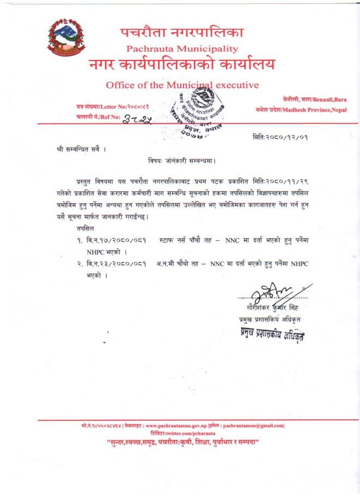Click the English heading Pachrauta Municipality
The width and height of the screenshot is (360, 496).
click(x=182, y=49)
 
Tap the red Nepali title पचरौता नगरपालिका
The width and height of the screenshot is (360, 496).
click(x=182, y=32)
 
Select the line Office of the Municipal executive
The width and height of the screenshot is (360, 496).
click(x=182, y=85)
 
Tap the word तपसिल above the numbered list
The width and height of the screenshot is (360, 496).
click(x=86, y=229)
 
